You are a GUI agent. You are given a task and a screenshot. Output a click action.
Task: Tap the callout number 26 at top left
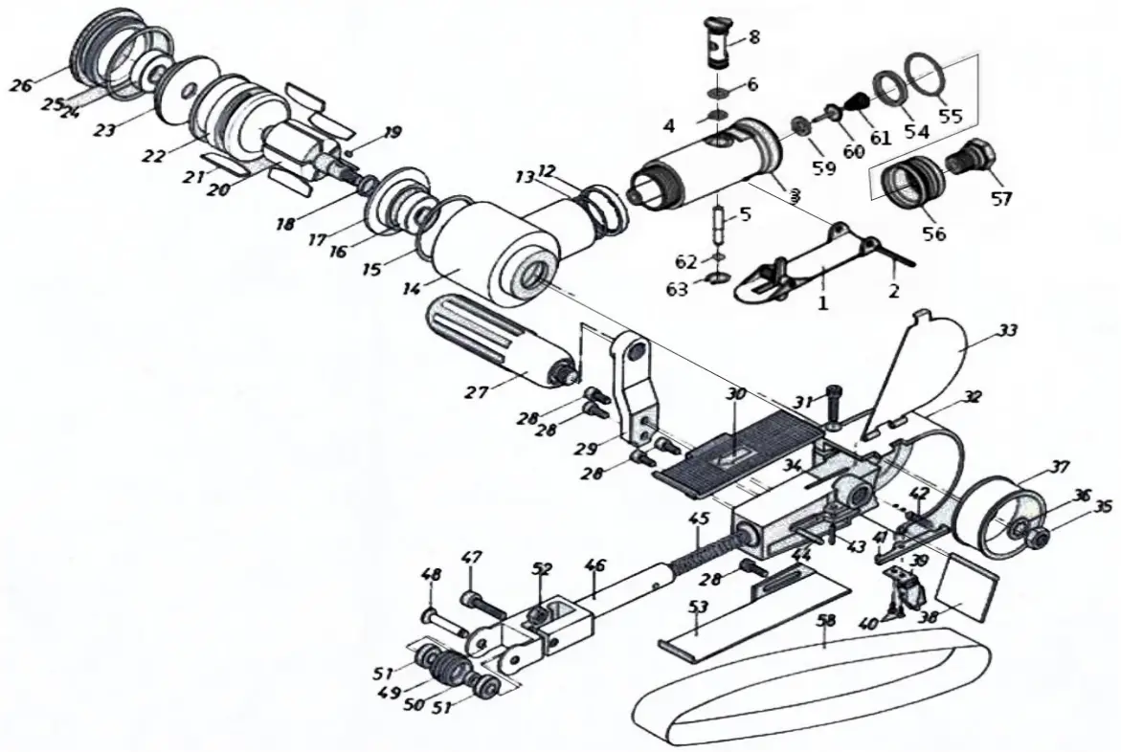[21, 84]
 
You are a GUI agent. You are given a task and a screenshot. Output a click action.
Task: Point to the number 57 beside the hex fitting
[1000, 199]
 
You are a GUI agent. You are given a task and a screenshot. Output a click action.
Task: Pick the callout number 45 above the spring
[699, 518]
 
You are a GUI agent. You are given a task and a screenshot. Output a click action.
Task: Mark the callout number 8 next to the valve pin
[754, 37]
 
